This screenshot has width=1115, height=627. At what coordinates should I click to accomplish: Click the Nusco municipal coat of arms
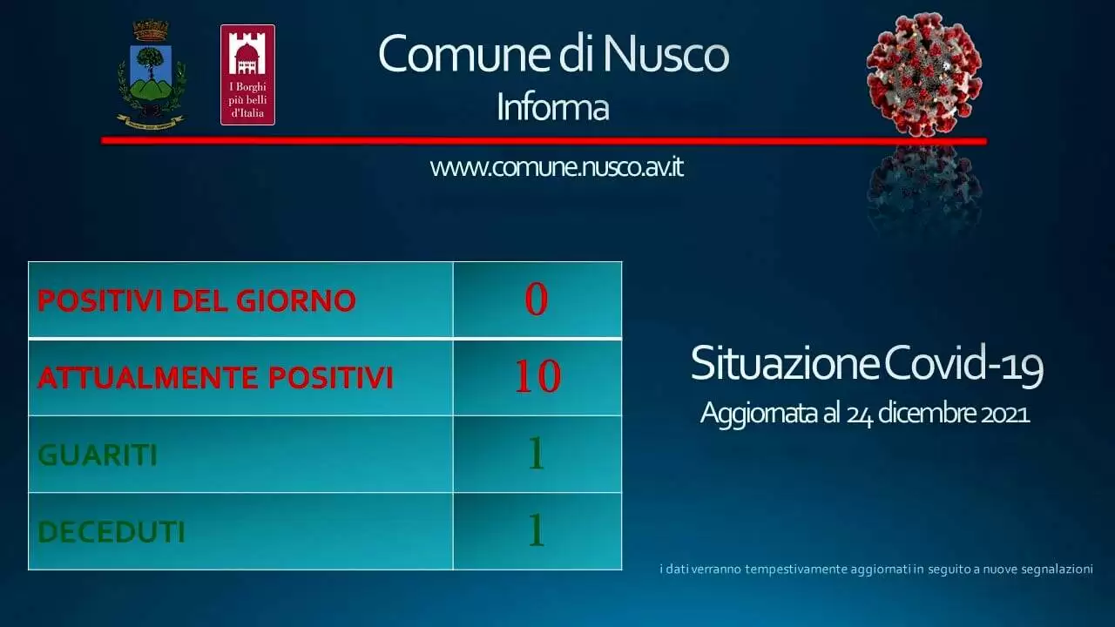(x=152, y=76)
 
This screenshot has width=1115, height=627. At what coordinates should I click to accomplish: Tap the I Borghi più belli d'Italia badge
(x=248, y=75)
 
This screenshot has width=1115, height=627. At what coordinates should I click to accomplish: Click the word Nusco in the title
(x=666, y=54)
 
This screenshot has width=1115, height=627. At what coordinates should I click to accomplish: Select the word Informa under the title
(x=553, y=107)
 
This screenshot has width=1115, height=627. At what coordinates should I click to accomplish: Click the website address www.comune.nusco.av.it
(x=557, y=167)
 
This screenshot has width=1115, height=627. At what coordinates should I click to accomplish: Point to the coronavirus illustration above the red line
(x=924, y=75)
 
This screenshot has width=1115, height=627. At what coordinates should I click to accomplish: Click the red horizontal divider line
(x=544, y=141)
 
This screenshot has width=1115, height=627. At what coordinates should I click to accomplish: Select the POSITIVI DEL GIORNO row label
(x=197, y=300)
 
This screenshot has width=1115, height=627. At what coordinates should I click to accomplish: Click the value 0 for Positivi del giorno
(x=537, y=300)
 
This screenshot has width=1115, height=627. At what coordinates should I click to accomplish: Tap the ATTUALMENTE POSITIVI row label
(x=215, y=378)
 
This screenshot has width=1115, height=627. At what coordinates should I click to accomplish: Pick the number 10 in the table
(x=537, y=376)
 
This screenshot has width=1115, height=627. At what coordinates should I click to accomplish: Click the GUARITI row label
(x=98, y=455)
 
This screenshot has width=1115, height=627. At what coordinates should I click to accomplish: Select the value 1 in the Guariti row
(x=536, y=454)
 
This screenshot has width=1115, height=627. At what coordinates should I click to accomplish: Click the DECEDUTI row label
(x=111, y=532)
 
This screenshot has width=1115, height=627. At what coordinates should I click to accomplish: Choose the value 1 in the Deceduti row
(x=536, y=530)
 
